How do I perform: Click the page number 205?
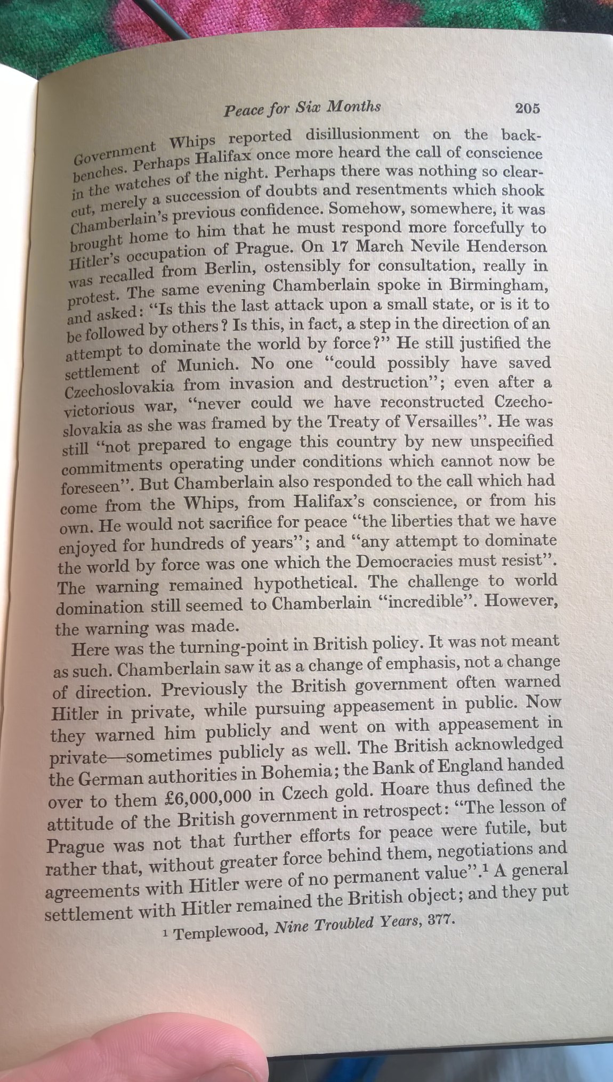pos(527,108)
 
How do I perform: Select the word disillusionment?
pos(362,135)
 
